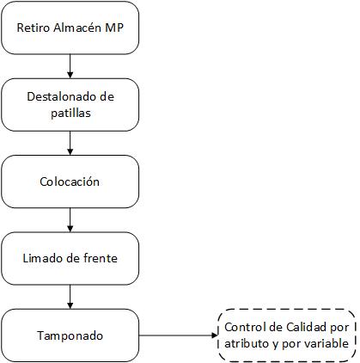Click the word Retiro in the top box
(34, 28)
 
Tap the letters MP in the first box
(114, 28)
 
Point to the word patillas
(70, 113)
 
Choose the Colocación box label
(70, 181)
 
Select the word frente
(101, 258)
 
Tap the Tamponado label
(70, 335)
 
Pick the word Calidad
(306, 327)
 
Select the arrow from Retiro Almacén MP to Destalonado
(70, 66)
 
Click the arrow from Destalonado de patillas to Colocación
(70, 143)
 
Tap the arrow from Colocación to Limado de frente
(70, 220)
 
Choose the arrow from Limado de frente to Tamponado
(70, 297)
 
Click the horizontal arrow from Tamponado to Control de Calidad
(179, 335)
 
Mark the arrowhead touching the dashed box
(215, 335)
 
